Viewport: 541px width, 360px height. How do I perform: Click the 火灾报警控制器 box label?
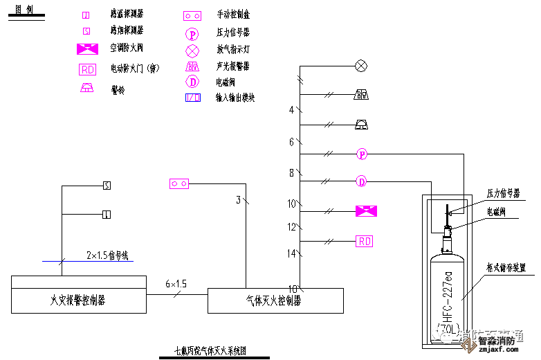(x=77, y=300)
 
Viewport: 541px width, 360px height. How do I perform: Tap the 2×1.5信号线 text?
(x=107, y=255)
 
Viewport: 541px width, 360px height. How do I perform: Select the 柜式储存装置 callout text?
(x=506, y=267)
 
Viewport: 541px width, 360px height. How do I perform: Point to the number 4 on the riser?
(x=291, y=109)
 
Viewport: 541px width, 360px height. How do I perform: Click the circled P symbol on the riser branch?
(x=361, y=153)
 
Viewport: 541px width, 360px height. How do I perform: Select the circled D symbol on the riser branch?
(x=361, y=182)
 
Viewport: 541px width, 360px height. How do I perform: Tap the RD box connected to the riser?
(x=364, y=241)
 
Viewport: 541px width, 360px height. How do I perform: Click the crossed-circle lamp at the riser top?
(x=360, y=66)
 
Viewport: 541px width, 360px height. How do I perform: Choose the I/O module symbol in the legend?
(x=192, y=98)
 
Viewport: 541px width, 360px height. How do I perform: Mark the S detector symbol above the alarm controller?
(x=106, y=185)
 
